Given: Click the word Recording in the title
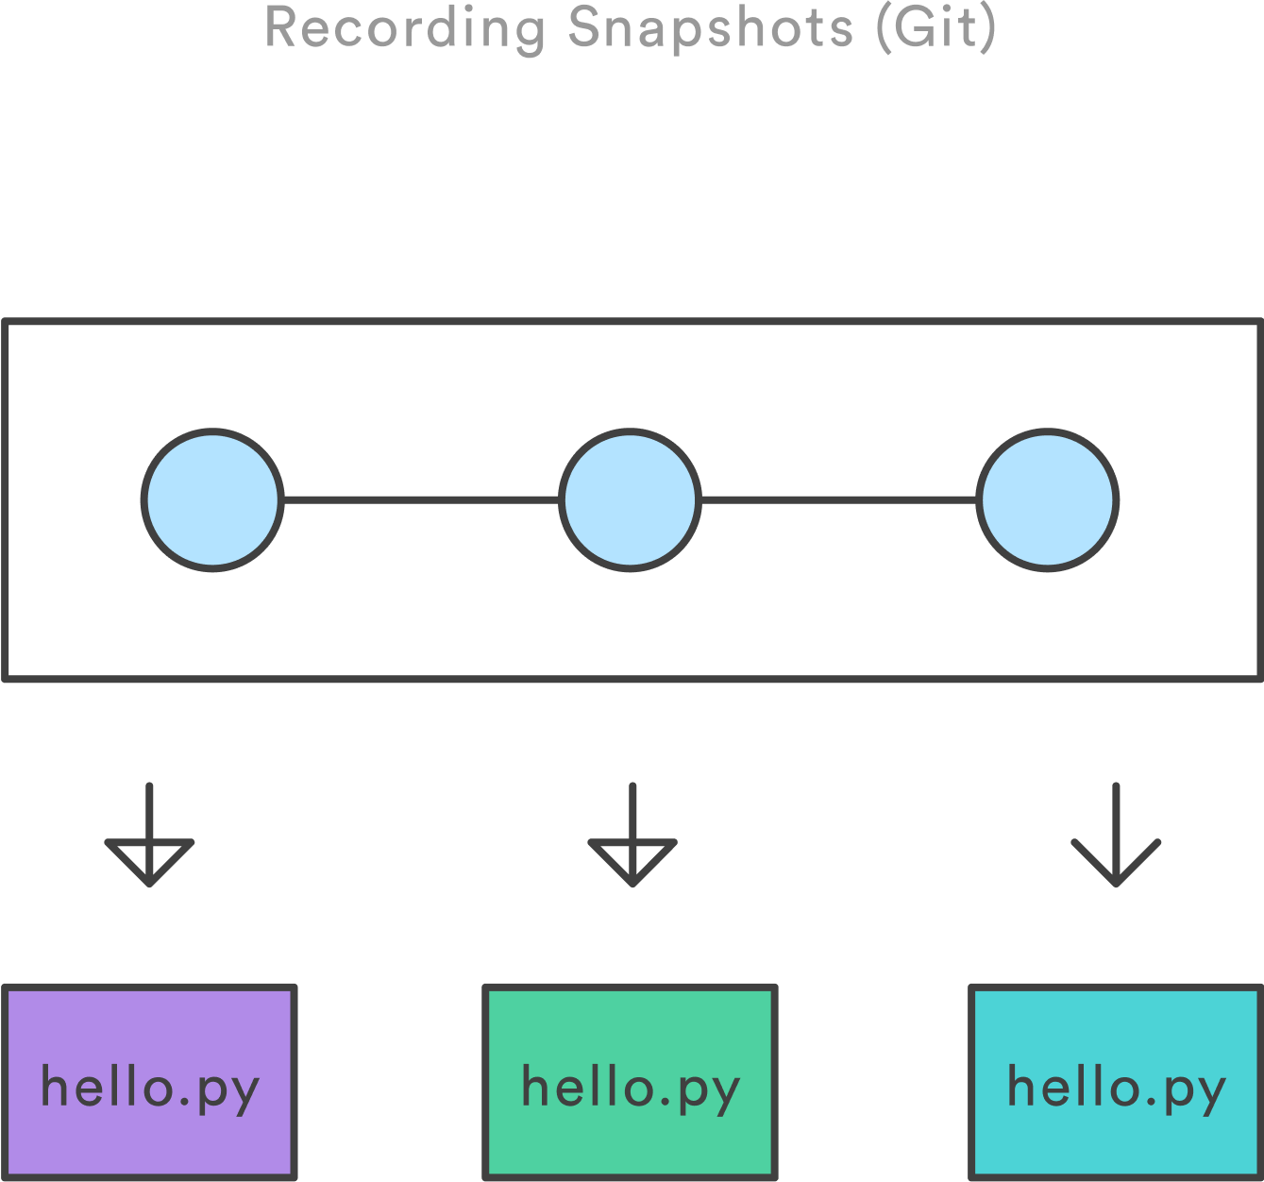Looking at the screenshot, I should tap(405, 27).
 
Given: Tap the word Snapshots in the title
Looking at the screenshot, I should tap(710, 27).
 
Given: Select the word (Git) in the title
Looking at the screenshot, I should tap(936, 27).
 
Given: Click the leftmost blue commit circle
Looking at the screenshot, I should tap(212, 499).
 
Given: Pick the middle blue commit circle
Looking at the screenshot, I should tap(630, 499).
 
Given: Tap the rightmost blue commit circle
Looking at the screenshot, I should tap(1047, 499).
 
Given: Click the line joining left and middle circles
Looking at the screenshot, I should tap(421, 499).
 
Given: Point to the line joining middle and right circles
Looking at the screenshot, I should tap(838, 499).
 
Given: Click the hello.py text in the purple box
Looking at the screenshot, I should tap(149, 1088).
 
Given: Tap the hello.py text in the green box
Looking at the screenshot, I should tap(631, 1088).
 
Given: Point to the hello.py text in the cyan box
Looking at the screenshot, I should tap(1117, 1088).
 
